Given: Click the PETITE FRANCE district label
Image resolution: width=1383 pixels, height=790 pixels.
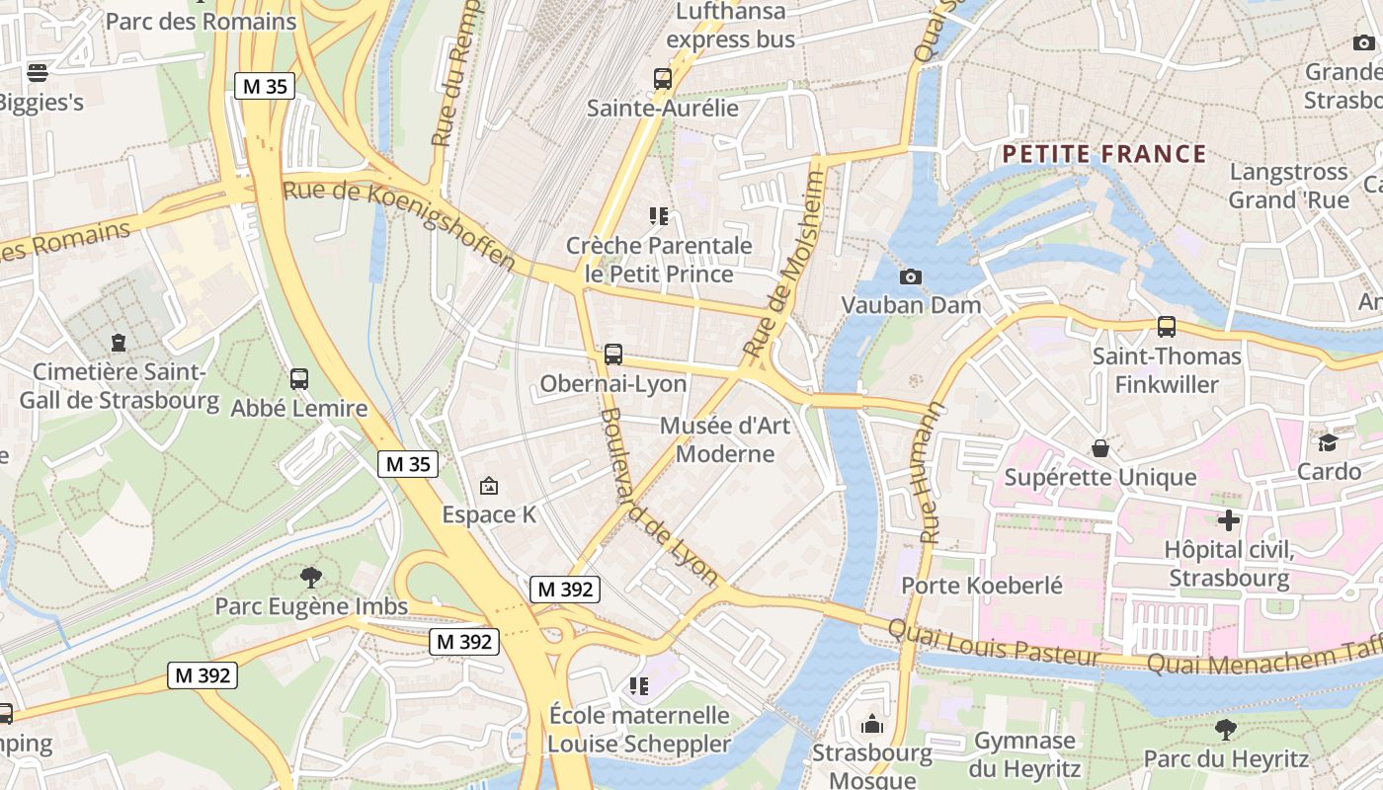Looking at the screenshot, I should click(x=1103, y=154).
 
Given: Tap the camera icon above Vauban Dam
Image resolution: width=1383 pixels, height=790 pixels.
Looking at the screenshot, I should click(x=910, y=276).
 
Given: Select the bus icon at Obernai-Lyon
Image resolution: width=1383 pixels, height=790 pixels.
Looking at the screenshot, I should click(x=612, y=355).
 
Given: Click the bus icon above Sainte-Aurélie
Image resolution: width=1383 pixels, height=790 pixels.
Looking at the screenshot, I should click(x=662, y=78).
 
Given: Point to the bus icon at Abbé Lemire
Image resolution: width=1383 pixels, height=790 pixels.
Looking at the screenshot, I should click(x=298, y=378).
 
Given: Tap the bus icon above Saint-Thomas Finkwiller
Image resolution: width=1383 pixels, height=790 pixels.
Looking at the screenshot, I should click(x=1166, y=327).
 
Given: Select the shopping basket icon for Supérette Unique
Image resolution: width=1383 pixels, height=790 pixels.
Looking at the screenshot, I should click(x=1100, y=449).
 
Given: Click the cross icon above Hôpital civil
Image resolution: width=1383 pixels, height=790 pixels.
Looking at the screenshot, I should click(x=1228, y=519).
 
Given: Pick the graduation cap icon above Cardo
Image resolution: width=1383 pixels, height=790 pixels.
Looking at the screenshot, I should click(x=1328, y=442).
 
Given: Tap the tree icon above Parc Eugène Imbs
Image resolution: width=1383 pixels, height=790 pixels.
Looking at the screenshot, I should click(x=311, y=577).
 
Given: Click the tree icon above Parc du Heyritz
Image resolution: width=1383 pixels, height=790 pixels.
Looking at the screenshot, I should click(x=1225, y=730).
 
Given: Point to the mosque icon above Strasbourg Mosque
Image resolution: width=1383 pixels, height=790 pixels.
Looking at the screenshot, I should click(x=871, y=725).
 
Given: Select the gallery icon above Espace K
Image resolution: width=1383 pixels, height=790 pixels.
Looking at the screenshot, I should click(x=488, y=486).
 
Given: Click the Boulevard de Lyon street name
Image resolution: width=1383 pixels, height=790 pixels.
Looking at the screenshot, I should click(x=659, y=497).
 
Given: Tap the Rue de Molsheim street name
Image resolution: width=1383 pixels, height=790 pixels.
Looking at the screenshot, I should click(x=783, y=265).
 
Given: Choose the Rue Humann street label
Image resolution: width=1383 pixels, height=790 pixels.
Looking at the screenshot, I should click(x=932, y=473).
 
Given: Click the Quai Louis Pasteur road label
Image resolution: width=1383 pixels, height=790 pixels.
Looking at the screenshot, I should click(x=993, y=644).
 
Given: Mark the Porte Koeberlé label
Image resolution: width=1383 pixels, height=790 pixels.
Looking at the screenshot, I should click(x=982, y=586).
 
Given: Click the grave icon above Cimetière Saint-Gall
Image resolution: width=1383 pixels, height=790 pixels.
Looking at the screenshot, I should click(x=119, y=343).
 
